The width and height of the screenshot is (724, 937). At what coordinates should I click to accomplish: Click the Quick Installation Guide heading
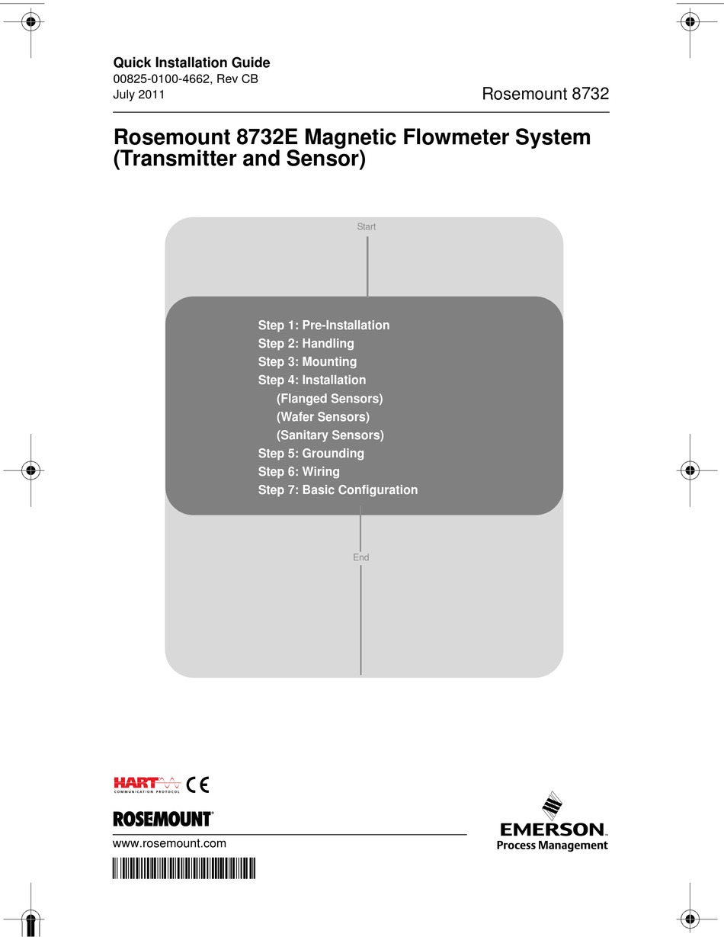(x=191, y=63)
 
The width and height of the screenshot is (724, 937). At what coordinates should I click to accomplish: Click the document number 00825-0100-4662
(x=161, y=79)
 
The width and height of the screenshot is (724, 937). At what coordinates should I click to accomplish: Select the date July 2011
(x=139, y=95)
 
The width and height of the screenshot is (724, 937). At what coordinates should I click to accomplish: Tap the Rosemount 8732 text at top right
(x=545, y=94)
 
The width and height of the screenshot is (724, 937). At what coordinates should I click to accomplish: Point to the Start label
(x=367, y=226)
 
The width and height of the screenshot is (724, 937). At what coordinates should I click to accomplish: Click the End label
(x=360, y=557)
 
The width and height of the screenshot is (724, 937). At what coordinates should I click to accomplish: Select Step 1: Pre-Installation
(x=323, y=325)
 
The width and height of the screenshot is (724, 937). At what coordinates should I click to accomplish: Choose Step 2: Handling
(x=306, y=343)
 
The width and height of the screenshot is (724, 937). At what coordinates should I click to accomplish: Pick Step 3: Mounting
(x=307, y=361)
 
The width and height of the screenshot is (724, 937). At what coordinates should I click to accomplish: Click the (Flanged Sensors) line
(x=329, y=398)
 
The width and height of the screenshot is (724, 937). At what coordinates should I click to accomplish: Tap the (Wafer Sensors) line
(x=322, y=416)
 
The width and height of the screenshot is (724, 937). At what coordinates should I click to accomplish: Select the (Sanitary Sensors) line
(x=330, y=435)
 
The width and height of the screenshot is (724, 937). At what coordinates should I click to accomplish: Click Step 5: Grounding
(x=311, y=453)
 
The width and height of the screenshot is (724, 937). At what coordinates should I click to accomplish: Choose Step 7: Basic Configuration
(x=338, y=489)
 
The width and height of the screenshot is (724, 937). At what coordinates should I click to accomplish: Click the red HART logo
(x=137, y=782)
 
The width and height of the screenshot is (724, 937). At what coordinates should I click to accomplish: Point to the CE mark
(x=197, y=784)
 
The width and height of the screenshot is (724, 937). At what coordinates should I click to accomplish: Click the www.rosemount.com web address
(x=169, y=843)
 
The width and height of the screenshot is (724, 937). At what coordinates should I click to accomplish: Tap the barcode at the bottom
(x=184, y=868)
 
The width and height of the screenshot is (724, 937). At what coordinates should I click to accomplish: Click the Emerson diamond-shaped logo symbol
(x=552, y=805)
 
